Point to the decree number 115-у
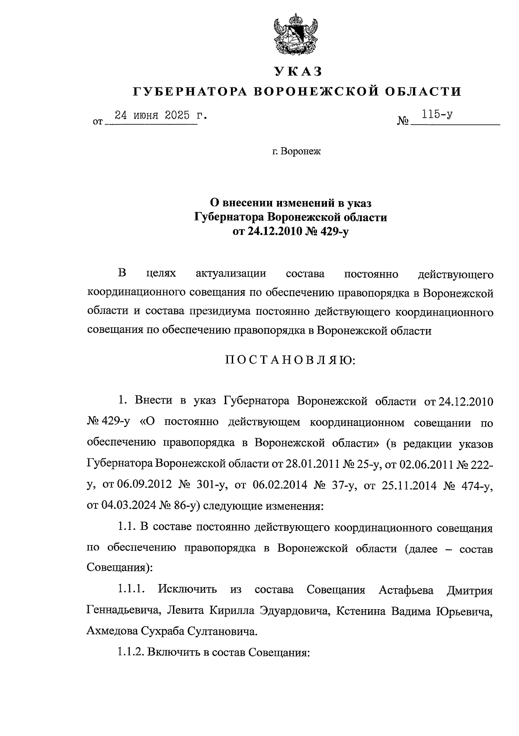click(x=438, y=115)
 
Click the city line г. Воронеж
click(x=297, y=152)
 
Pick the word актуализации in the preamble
click(x=231, y=274)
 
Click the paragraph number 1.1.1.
click(x=130, y=590)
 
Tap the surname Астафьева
click(x=407, y=590)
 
